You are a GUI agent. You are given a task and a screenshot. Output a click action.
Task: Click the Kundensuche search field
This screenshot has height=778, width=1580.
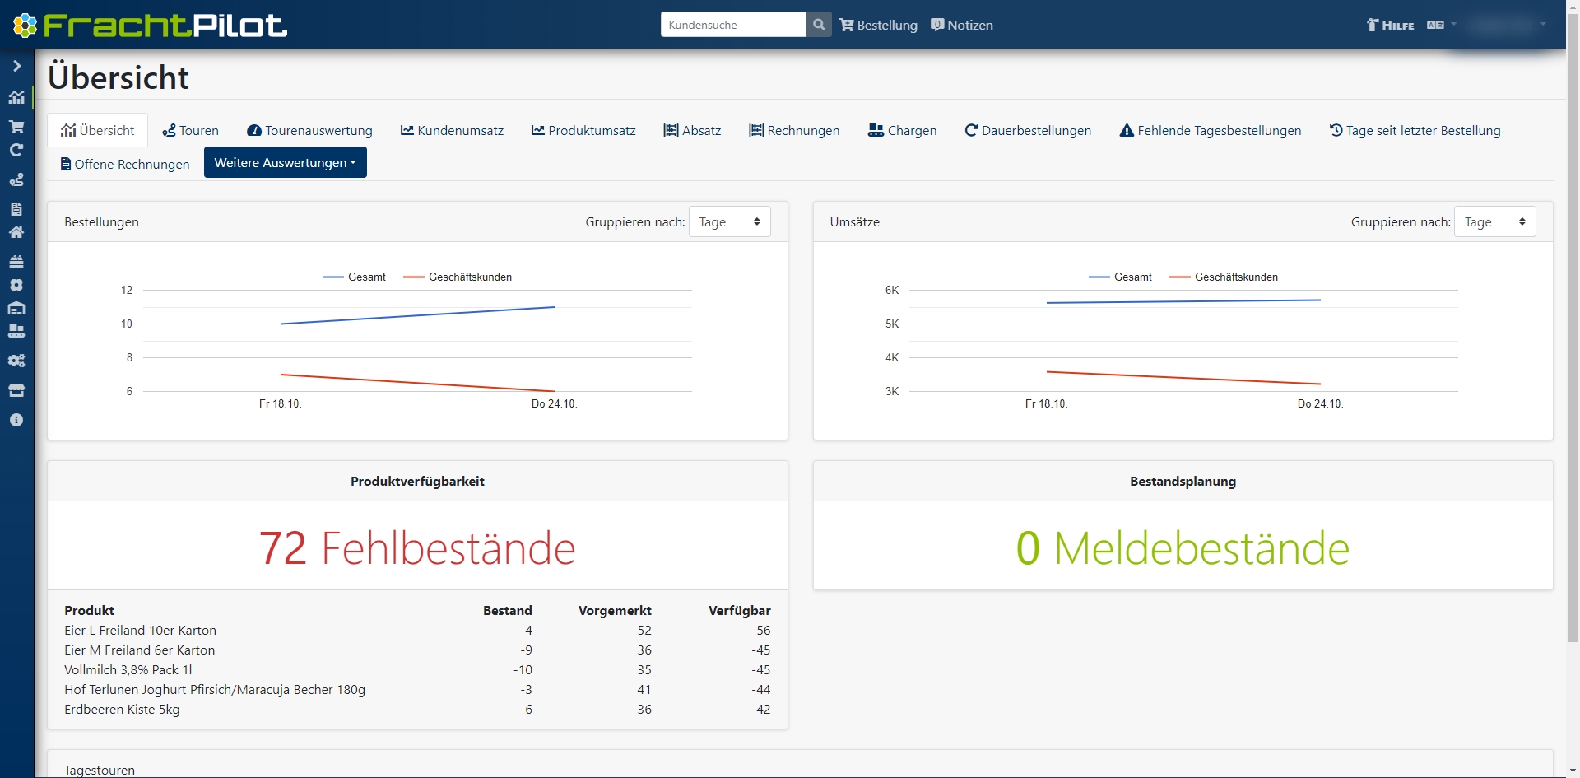point(732,25)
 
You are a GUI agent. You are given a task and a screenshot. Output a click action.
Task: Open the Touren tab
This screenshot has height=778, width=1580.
point(191,131)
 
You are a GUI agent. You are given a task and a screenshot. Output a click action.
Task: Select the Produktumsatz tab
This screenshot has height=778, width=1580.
point(583,131)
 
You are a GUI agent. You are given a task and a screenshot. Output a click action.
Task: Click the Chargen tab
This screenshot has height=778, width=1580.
point(903,131)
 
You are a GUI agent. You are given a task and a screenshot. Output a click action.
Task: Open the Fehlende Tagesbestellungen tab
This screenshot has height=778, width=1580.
point(1211,131)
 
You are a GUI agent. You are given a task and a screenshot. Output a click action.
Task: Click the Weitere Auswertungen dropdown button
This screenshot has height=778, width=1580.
point(285,163)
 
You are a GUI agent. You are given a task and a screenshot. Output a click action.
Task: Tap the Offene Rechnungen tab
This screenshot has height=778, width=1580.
point(125,165)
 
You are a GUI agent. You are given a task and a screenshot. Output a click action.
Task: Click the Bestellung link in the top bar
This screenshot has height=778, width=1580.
point(878,26)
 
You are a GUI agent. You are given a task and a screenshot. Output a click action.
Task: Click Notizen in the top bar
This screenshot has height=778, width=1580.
point(962,26)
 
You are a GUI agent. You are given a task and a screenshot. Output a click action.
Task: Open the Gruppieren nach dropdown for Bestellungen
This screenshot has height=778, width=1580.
point(729,222)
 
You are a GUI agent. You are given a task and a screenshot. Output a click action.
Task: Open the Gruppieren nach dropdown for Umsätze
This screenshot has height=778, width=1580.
point(1494,222)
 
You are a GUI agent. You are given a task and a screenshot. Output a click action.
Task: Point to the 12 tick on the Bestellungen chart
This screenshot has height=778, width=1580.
point(127,291)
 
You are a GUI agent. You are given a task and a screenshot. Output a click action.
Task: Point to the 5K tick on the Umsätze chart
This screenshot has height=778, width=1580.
point(892,324)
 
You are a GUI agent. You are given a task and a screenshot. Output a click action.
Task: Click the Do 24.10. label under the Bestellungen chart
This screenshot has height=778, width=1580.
point(554,404)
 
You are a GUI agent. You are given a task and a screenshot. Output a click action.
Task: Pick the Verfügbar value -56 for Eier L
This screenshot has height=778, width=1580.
point(760,631)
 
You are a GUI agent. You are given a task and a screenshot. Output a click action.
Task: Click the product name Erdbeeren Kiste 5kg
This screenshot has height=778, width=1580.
point(122,710)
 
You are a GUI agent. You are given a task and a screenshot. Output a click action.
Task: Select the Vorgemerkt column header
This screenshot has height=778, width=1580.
point(615,611)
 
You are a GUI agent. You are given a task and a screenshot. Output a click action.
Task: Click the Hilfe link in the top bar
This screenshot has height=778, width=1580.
point(1391,26)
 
